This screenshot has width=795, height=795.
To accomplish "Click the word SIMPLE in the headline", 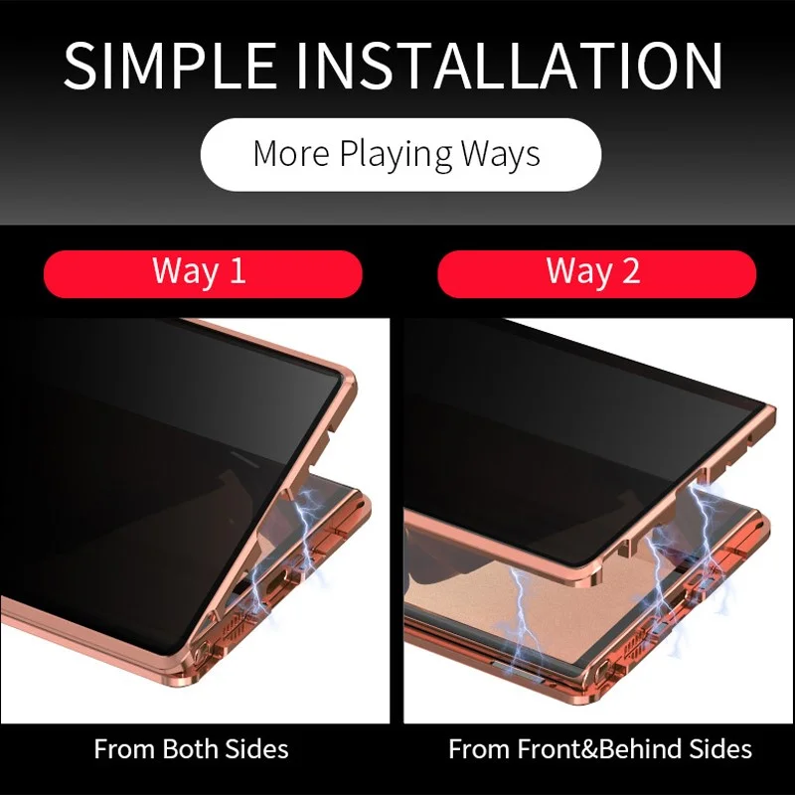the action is [170, 66].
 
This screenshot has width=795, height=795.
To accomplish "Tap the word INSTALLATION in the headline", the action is [509, 66].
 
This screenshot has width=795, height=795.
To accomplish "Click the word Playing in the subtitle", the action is [396, 155].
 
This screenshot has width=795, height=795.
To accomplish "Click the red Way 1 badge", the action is [203, 273].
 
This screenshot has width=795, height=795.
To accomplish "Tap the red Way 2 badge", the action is [597, 273].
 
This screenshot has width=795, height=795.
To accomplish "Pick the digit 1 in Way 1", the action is [238, 270].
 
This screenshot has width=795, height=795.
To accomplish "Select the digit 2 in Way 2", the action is [630, 270].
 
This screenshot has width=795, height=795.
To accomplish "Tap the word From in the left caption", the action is [125, 749].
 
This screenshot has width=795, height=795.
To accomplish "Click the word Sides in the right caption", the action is [720, 749].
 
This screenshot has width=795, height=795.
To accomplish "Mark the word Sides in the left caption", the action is [257, 749].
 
